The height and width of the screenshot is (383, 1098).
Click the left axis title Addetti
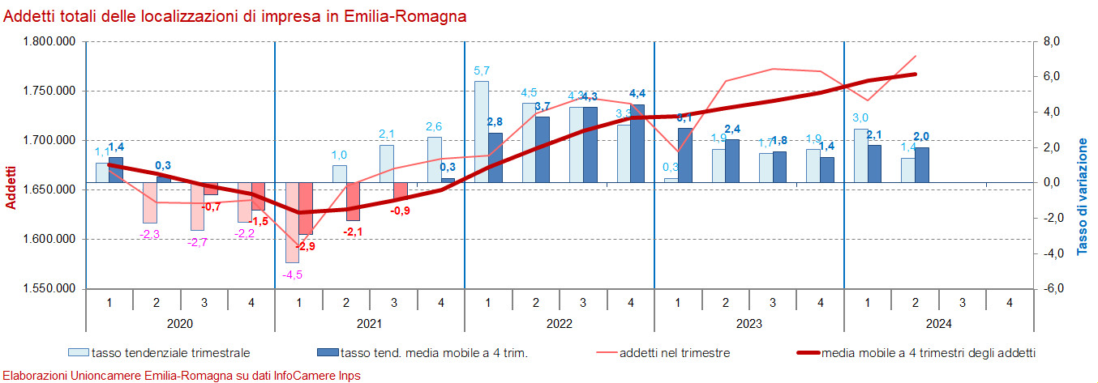coord(11,188)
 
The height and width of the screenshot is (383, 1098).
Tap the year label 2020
coord(179,323)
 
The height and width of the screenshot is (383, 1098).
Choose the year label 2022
coord(559,323)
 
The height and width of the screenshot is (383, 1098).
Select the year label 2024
coord(938,323)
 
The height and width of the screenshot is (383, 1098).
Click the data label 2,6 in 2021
coord(434,126)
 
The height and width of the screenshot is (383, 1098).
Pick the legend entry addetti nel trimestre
coord(674,353)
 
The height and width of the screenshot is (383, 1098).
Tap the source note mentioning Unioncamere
coord(182,376)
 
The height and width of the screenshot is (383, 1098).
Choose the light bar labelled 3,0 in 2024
coord(861,155)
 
